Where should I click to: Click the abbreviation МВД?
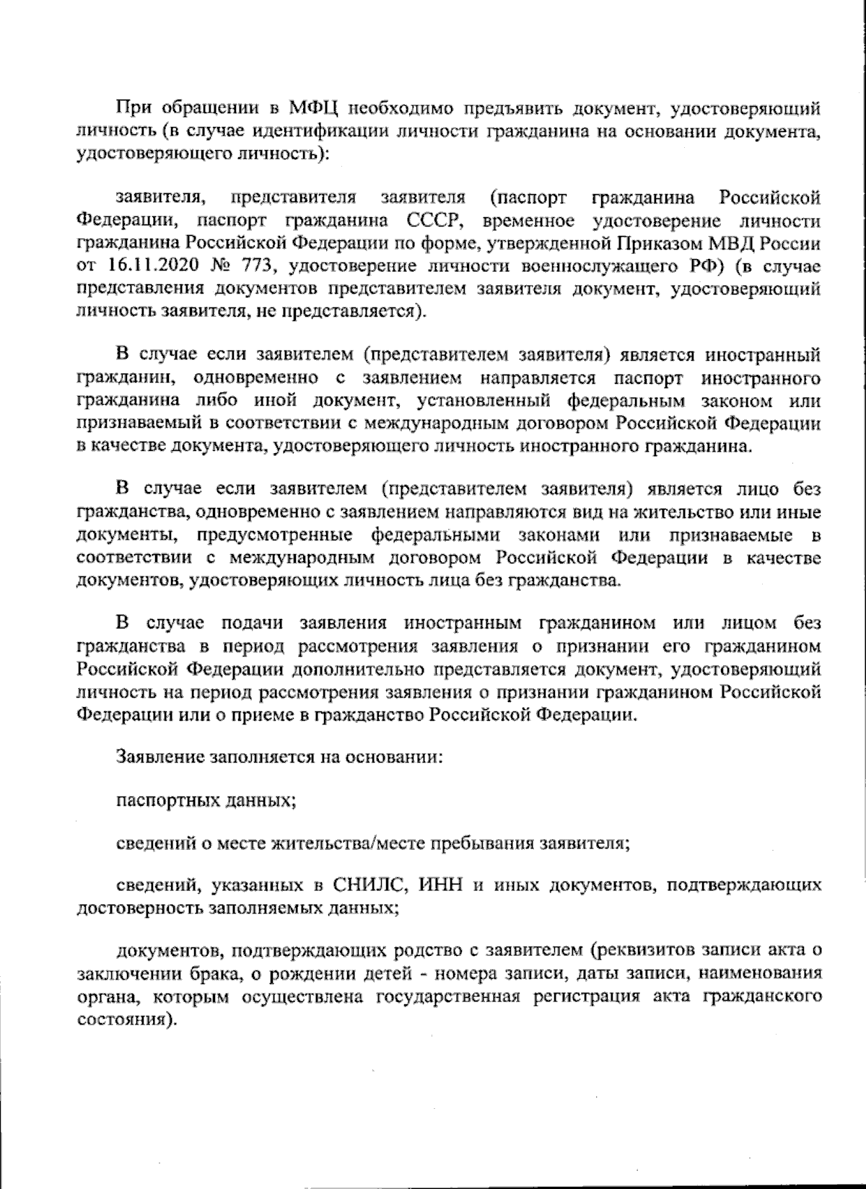tap(749, 243)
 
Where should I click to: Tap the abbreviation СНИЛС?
tap(372, 885)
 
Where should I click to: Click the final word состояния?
tap(125, 1022)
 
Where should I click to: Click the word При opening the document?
tap(133, 110)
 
